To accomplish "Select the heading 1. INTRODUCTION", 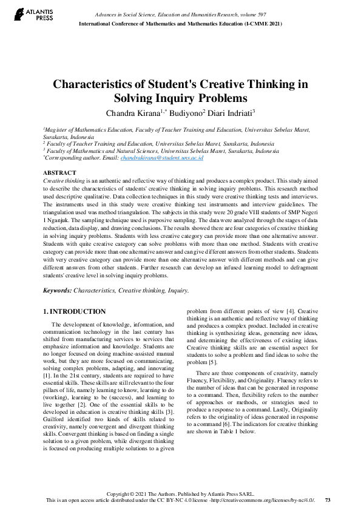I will pos(74,311).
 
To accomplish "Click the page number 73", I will pos(328,500).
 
